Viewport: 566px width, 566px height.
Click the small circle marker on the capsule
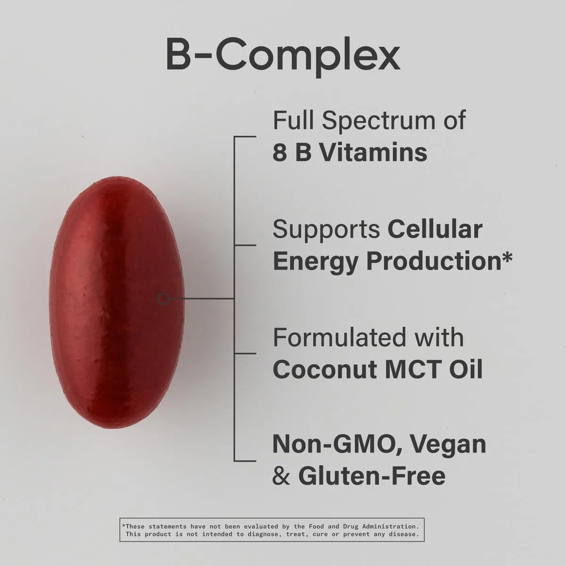pos(163,298)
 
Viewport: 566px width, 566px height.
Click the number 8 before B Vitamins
pos(280,152)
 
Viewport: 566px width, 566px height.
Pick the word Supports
pos(326,229)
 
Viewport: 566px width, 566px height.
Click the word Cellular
pos(435,229)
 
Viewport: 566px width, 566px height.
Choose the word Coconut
pos(325,369)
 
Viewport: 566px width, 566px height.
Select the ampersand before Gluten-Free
pos(281,475)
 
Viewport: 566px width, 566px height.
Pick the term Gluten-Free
pos(372,475)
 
